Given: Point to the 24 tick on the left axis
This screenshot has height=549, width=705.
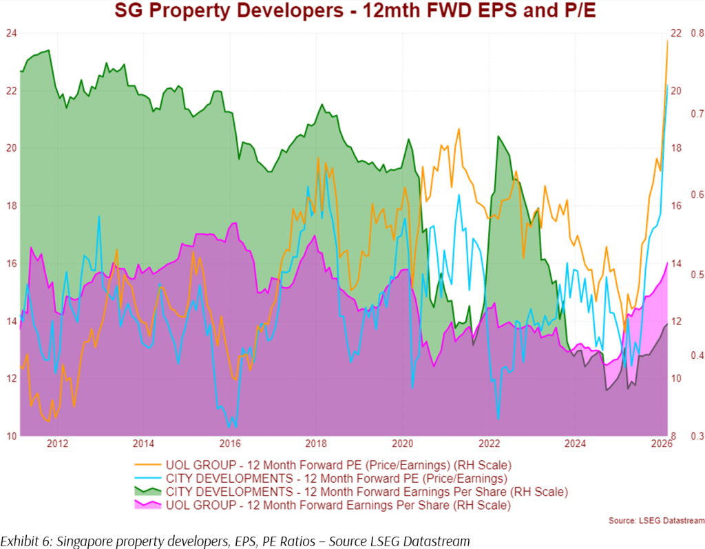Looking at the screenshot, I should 10,33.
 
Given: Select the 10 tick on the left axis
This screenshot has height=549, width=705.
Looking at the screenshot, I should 10,436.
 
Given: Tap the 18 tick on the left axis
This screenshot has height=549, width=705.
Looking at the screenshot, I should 10,206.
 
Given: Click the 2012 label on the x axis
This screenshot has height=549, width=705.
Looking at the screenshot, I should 57,444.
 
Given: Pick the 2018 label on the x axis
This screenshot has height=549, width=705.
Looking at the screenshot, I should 316,444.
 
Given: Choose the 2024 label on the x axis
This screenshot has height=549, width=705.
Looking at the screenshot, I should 575,444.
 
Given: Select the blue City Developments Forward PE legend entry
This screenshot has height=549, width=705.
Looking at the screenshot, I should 337,477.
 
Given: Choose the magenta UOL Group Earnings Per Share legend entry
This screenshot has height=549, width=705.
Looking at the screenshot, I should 338,505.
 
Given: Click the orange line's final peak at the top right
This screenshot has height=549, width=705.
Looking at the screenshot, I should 667,41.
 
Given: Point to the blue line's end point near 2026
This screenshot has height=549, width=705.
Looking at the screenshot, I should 667,85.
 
